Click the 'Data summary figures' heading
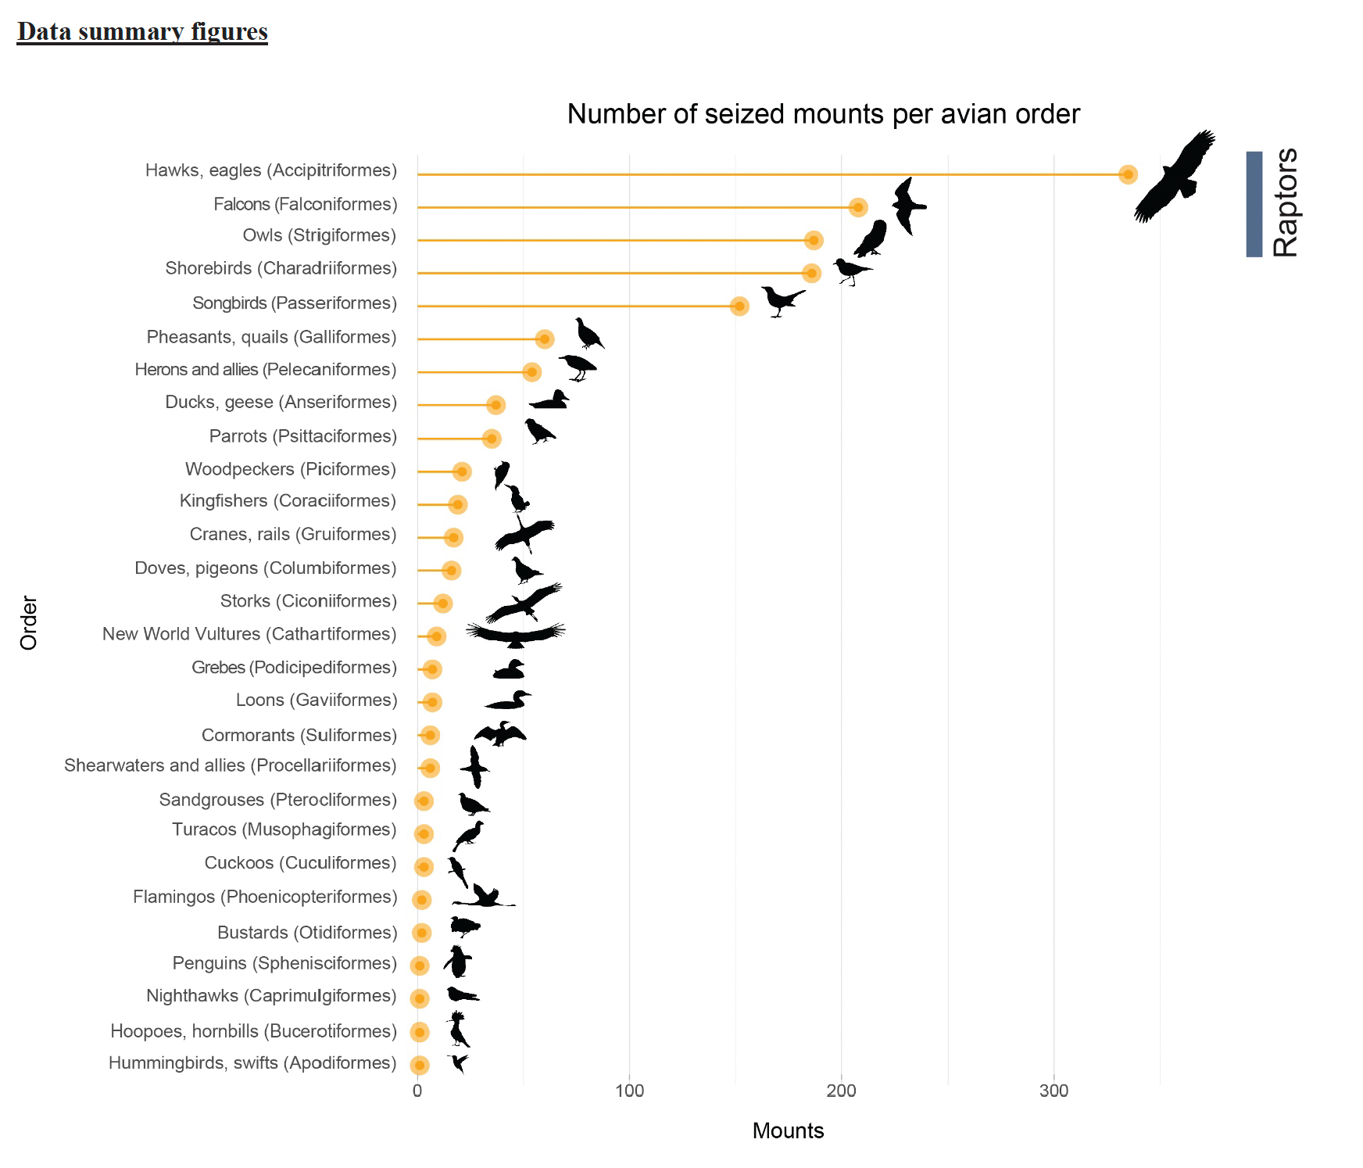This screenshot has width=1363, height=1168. (142, 31)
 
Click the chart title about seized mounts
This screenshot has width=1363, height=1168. (823, 114)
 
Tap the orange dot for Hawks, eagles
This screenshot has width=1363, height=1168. (1127, 174)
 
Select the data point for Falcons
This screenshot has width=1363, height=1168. (858, 207)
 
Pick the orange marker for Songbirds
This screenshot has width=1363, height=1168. (739, 306)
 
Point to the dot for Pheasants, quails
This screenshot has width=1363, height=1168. (545, 339)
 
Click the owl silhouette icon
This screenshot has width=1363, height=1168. (871, 238)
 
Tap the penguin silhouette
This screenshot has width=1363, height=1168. (457, 962)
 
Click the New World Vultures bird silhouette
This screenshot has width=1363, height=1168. (516, 634)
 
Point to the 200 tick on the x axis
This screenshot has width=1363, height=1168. (842, 1091)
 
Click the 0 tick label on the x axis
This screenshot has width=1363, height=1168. (417, 1091)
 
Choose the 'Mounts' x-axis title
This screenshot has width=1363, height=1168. (788, 1130)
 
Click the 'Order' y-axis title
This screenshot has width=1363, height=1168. (29, 622)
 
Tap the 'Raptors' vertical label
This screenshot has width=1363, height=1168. (1285, 202)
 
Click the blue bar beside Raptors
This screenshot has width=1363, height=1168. (1254, 204)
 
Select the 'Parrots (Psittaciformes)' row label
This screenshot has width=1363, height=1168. (303, 436)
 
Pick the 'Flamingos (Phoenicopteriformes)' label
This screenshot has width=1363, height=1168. (265, 897)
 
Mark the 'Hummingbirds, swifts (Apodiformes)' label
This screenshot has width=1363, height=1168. (252, 1063)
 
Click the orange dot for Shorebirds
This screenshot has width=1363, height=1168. (812, 273)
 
